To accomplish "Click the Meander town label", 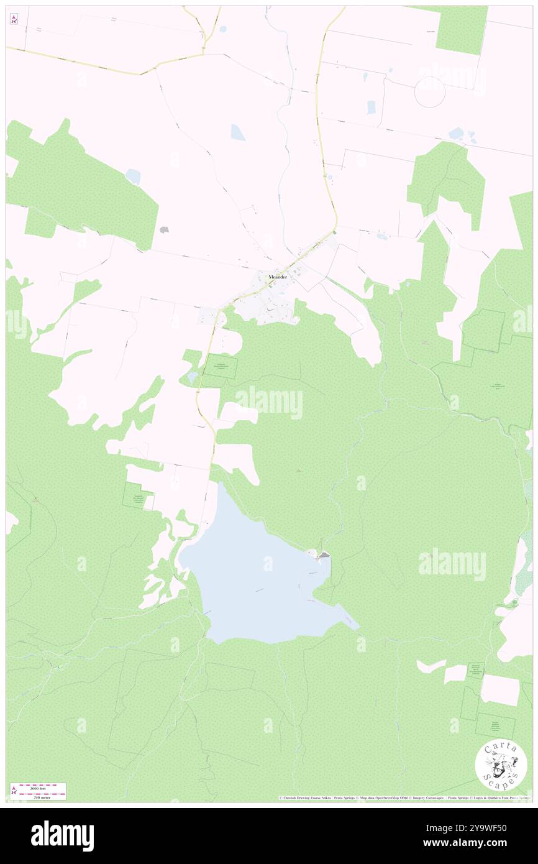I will click(x=277, y=277).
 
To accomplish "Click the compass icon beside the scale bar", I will click(x=14, y=791).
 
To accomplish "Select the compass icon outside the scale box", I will click(x=14, y=19).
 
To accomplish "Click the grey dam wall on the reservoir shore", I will click(x=324, y=554).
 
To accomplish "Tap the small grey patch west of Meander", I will click(x=164, y=229).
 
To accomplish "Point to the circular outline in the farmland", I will click(x=430, y=92).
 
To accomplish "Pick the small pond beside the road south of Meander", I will click(x=192, y=377).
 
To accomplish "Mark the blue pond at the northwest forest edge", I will click(x=133, y=177).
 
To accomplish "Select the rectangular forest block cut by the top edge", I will click(x=461, y=29).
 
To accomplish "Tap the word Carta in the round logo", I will click(x=501, y=748).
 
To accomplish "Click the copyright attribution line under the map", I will click(x=404, y=798).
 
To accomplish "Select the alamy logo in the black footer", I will click(x=62, y=836).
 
